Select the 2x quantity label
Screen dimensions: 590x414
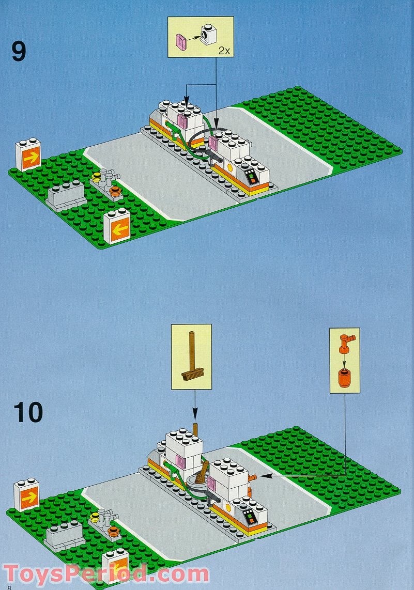[223, 51]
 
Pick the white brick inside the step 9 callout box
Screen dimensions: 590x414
[210, 34]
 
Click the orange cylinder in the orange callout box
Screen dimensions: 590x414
[344, 379]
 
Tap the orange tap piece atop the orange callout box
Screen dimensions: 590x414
[345, 342]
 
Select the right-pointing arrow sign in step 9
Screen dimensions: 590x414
[28, 155]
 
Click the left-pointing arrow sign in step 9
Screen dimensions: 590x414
[117, 227]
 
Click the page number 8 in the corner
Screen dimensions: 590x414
[9, 586]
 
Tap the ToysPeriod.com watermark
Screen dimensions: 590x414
[106, 575]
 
